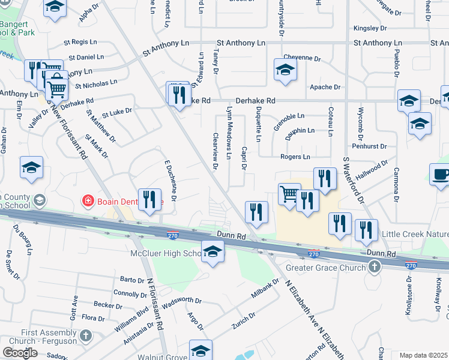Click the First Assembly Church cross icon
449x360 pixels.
pos(85,335)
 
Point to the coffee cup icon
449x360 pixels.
pos(441,175)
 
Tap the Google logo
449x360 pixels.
pos(20,353)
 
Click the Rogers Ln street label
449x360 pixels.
pos(295,157)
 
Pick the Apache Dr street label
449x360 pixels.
pos(325,87)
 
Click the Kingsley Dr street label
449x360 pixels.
pos(370,28)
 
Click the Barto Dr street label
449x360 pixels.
pos(131,280)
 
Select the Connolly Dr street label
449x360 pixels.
pos(126,293)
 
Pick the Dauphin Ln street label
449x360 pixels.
pos(300,130)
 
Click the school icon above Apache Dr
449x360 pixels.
pos(285,70)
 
